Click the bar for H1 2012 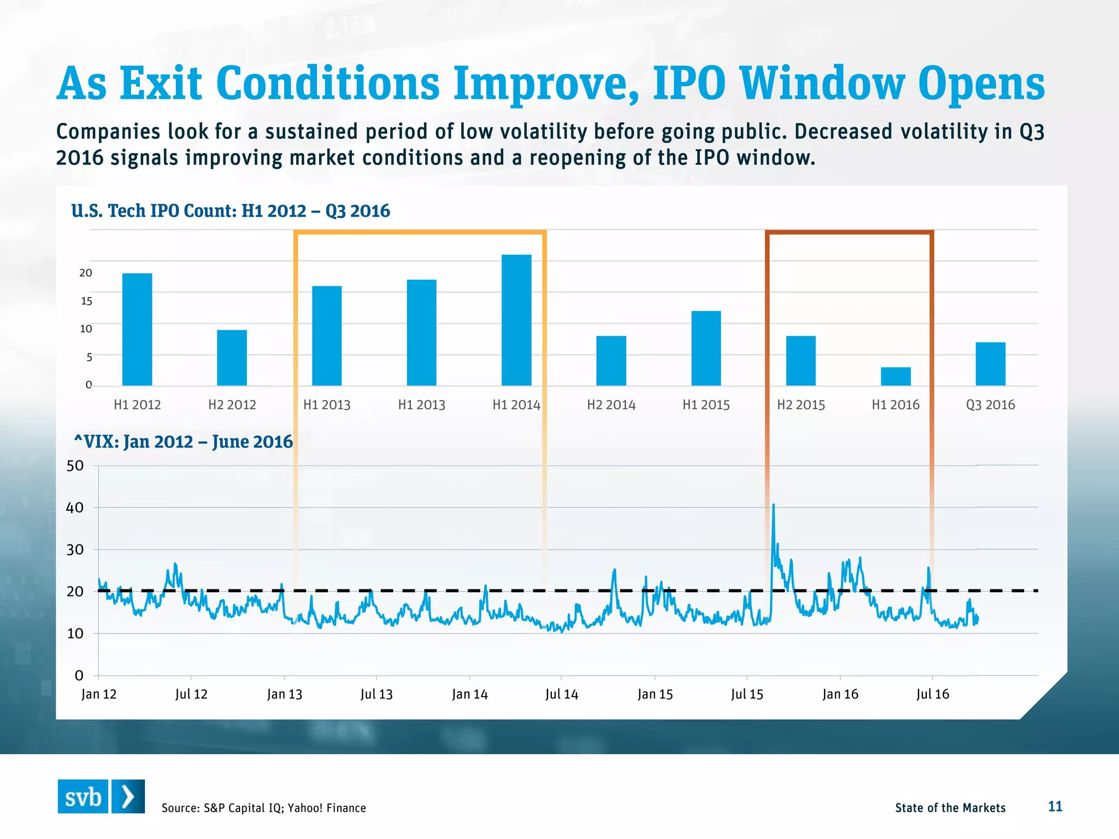tap(137, 329)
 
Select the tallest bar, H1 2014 tap(516, 320)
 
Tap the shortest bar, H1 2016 tap(896, 376)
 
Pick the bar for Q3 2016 tap(990, 364)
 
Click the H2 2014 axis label tap(611, 405)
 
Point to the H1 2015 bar tap(706, 348)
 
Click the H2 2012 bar tap(232, 358)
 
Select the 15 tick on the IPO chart tap(86, 301)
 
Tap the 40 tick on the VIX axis tap(75, 507)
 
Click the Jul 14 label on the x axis tap(561, 694)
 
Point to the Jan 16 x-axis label tap(840, 694)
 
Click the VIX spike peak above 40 tap(773, 505)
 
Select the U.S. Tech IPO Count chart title tap(231, 211)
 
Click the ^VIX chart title tap(183, 441)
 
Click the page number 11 tap(1055, 806)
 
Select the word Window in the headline tap(822, 84)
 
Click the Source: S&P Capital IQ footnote tap(263, 808)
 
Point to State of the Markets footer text tap(950, 808)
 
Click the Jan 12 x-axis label tap(99, 694)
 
